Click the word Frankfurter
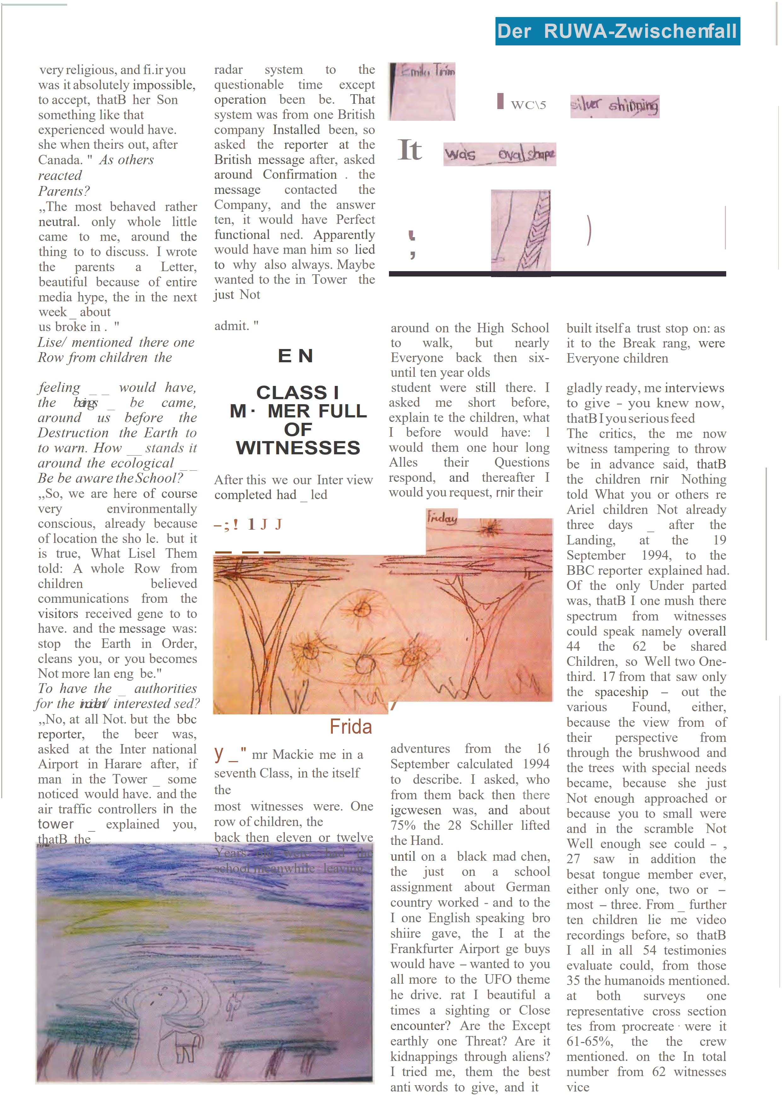pyautogui.click(x=421, y=949)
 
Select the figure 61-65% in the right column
pyautogui.click(x=589, y=1041)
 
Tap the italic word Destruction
pyautogui.click(x=73, y=433)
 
